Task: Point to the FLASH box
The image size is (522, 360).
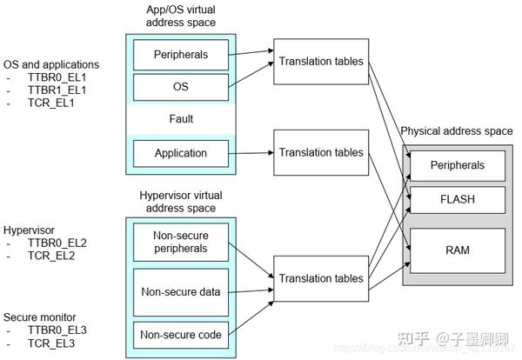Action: (457, 199)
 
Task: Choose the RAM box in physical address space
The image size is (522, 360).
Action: (457, 250)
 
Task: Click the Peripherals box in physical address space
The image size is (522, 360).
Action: (457, 165)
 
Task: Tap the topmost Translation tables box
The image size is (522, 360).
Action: (320, 61)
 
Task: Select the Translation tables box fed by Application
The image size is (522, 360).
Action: (320, 153)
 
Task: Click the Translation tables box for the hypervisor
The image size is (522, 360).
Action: (320, 277)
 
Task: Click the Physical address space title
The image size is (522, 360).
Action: (456, 131)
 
